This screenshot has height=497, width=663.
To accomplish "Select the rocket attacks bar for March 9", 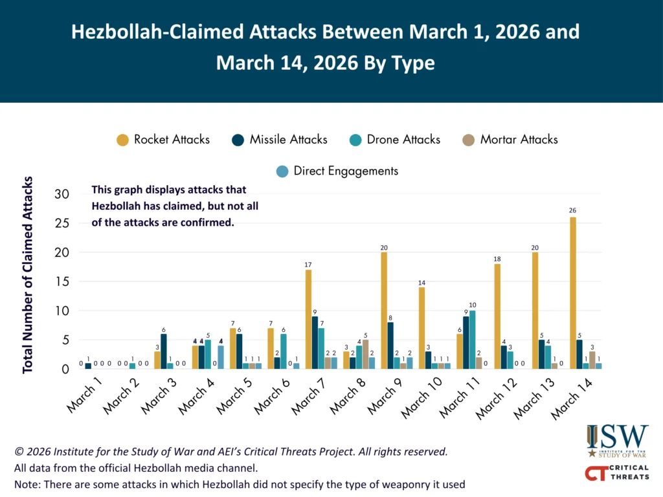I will (x=384, y=310).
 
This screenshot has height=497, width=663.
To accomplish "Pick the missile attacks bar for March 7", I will (x=314, y=342).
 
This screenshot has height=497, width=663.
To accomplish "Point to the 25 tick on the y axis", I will (x=62, y=223).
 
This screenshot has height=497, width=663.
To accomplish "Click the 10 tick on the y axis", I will (x=62, y=311).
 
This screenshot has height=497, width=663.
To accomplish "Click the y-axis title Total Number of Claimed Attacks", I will (x=28, y=274).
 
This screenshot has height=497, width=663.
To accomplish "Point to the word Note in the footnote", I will (x=25, y=484).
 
